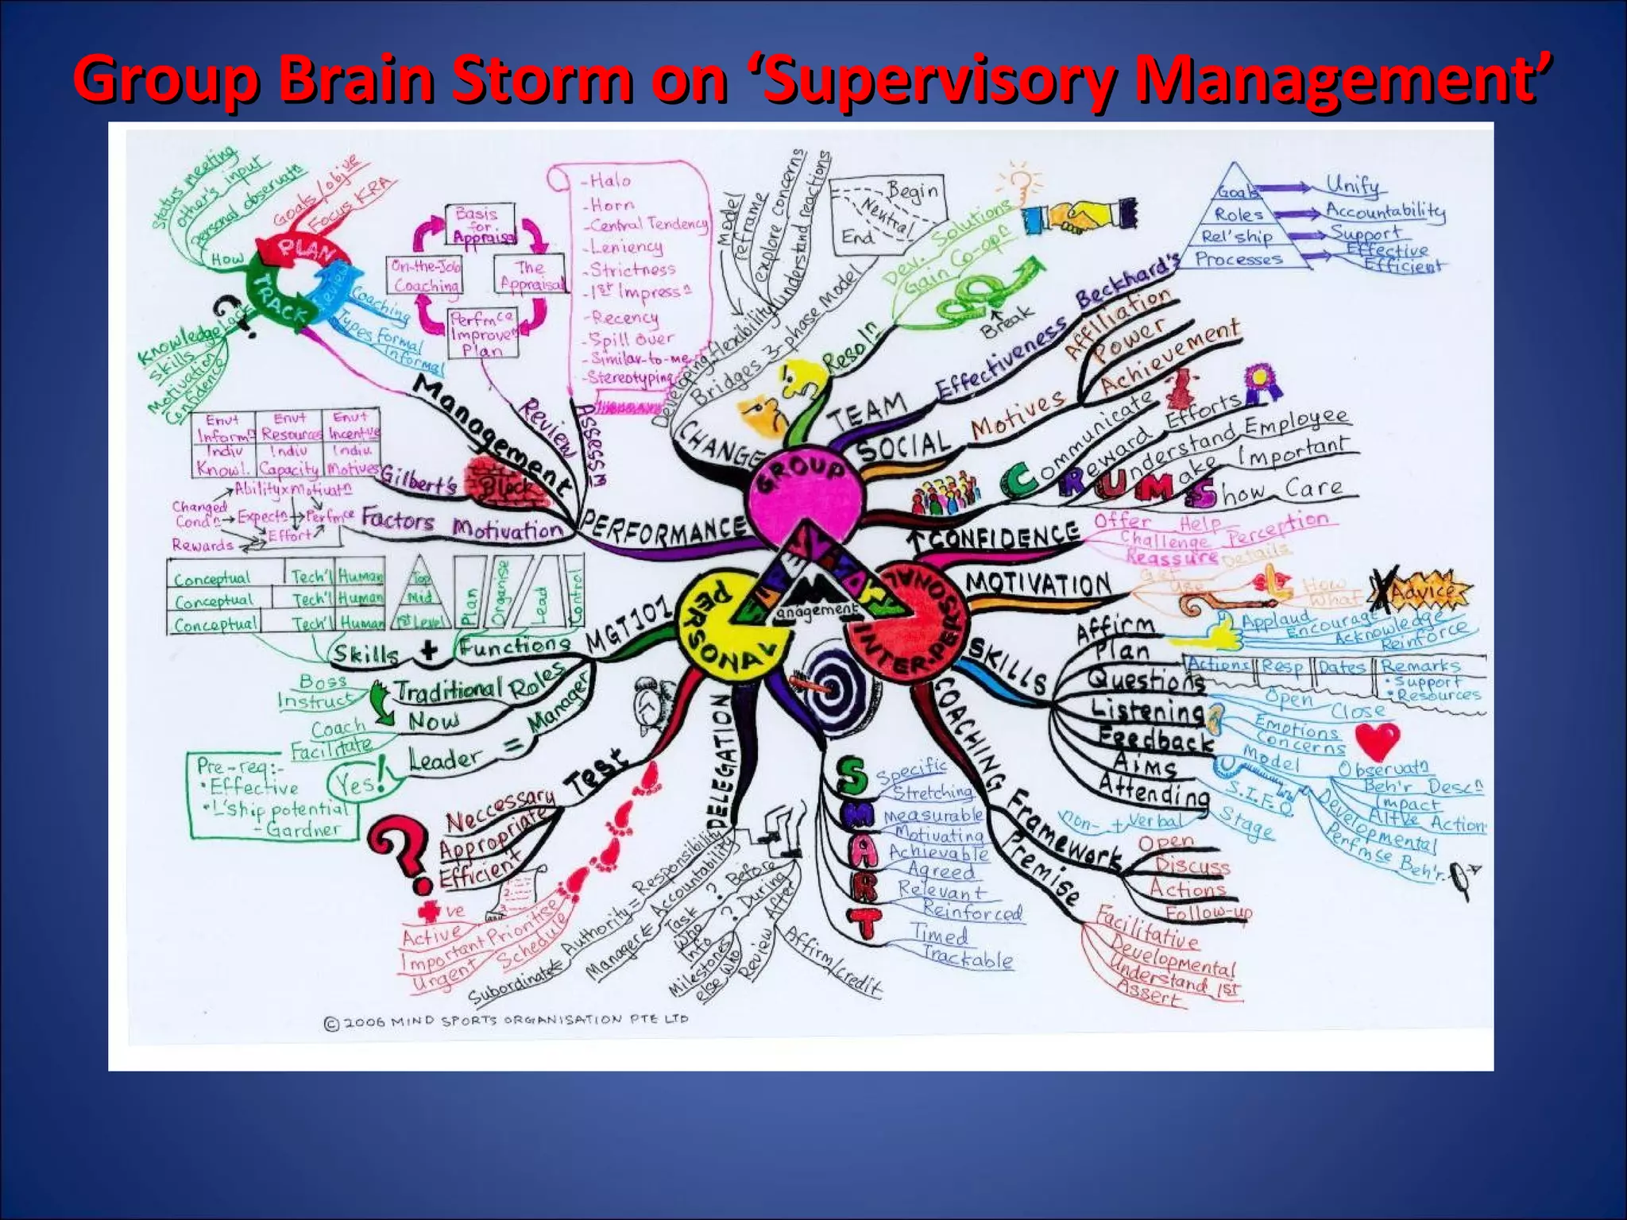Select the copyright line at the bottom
[x=506, y=1021]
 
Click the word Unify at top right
[x=1354, y=186]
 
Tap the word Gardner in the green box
[x=303, y=830]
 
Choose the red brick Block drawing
[x=504, y=481]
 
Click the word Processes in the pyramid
[x=1239, y=259]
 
